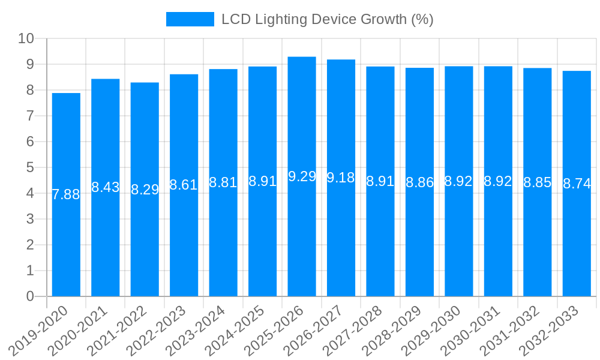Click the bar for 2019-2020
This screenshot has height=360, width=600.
66,240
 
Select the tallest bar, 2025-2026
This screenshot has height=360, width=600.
302,240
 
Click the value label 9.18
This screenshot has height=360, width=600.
341,178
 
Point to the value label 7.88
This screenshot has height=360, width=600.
66,194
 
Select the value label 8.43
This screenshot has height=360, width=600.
106,187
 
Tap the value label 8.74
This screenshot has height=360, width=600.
577,184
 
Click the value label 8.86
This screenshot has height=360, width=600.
419,183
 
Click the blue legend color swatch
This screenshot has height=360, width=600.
190,19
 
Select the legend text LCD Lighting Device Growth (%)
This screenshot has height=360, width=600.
327,19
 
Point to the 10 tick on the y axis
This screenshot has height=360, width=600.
26,39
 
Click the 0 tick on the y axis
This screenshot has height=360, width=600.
31,296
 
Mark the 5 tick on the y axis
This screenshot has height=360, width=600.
31,167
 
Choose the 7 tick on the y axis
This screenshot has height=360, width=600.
31,116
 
